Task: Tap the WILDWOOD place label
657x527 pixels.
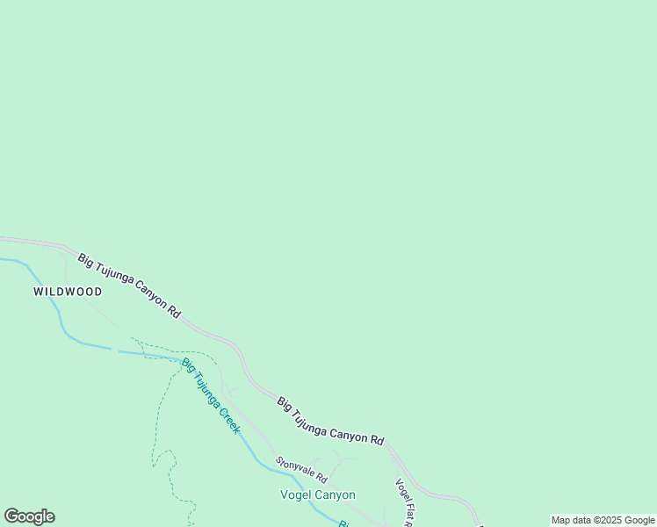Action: click(68, 292)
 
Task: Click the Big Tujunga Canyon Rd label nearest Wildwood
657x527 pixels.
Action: click(129, 285)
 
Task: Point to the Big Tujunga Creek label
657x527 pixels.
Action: click(211, 395)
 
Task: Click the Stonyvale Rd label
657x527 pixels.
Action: click(301, 470)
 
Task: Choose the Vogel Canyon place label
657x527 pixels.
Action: click(317, 495)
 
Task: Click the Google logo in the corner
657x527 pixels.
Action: click(29, 516)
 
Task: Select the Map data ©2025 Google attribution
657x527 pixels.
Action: click(603, 520)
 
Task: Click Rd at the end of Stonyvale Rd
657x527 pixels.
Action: click(321, 479)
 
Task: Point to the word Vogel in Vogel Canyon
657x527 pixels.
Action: click(296, 495)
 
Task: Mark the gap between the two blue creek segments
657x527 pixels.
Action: click(115, 350)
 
